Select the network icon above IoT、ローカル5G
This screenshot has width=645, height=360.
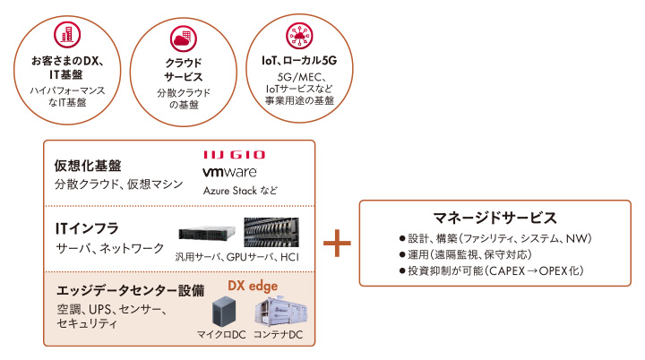coord(297,35)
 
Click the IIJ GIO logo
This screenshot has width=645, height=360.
coord(235,155)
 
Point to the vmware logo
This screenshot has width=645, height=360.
coord(230,172)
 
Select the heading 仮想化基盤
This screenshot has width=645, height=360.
coord(88,166)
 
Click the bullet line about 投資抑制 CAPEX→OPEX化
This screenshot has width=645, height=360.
coord(492,270)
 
